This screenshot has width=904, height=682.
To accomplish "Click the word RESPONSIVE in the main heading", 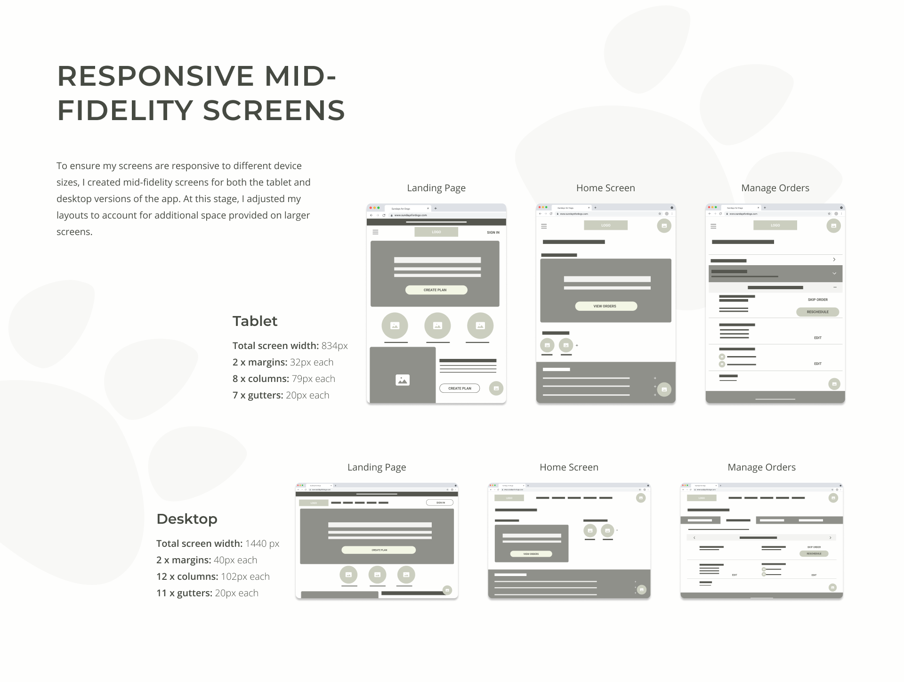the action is (x=156, y=76).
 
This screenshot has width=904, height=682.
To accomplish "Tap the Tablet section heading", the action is (x=255, y=321).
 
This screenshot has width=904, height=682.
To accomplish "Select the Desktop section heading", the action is (x=186, y=519).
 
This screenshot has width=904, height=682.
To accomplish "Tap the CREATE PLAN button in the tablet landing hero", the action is (x=436, y=290).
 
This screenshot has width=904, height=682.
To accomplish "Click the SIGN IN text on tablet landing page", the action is (x=493, y=233).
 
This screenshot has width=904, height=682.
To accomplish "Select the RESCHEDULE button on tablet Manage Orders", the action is (x=817, y=312).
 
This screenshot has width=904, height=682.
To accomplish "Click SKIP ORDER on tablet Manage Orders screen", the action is (x=817, y=300).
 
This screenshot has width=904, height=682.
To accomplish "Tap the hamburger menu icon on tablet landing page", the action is (x=375, y=232).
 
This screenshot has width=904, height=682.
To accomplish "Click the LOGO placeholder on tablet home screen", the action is (x=605, y=226).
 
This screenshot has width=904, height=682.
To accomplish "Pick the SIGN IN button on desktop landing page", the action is (x=440, y=503).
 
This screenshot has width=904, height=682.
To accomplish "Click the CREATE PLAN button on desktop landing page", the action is (x=379, y=550).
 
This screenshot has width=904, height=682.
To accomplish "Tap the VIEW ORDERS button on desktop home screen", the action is (x=531, y=554).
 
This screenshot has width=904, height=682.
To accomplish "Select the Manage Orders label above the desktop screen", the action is (x=761, y=467).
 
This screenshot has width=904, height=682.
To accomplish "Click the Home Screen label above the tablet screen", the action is (x=605, y=188).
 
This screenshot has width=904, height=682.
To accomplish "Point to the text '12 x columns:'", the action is (x=187, y=576).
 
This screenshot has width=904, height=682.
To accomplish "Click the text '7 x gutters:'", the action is (x=258, y=395).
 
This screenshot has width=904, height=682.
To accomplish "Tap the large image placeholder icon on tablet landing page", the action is (x=403, y=380).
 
